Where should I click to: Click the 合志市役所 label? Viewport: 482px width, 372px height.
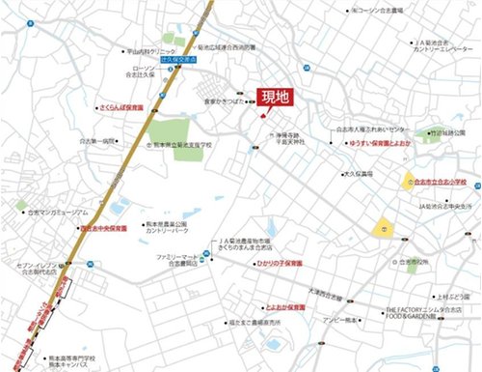pos(424,261)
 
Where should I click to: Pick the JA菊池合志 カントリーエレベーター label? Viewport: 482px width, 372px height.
pos(434,46)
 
